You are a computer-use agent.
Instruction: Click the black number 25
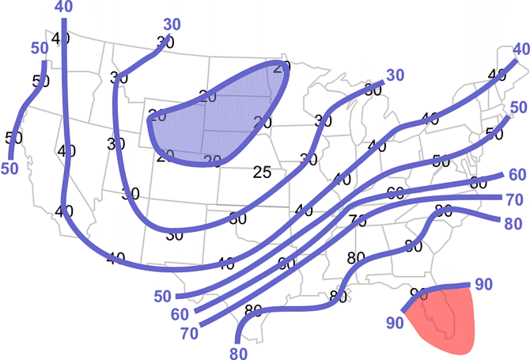coord(263,172)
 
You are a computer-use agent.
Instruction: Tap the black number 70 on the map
coord(357,220)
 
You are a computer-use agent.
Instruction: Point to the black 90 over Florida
coord(418,294)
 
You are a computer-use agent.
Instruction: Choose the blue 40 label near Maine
coord(519,49)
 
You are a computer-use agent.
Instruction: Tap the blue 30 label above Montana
coord(172,24)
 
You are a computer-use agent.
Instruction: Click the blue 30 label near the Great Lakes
coord(395,75)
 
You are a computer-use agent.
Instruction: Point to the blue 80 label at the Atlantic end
coord(512,222)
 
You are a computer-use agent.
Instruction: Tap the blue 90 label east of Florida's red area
coord(483,283)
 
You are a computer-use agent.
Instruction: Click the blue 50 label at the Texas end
coord(163,296)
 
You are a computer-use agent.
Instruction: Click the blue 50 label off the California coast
coord(9,168)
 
